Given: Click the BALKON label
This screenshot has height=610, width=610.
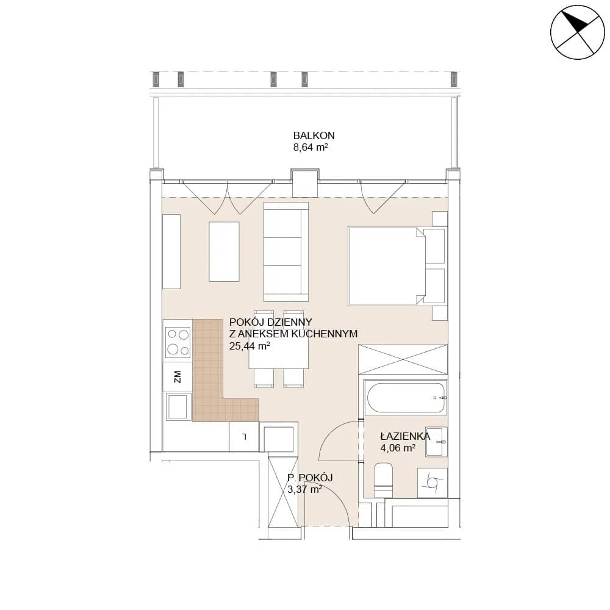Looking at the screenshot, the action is (x=314, y=135).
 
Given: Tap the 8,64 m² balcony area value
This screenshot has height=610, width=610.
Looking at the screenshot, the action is (x=310, y=148).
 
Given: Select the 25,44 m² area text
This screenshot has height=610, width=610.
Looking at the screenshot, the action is (x=249, y=346).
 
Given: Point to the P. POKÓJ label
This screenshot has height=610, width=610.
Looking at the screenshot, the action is (x=310, y=478).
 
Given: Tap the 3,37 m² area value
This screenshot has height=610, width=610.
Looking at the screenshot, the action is (x=304, y=489).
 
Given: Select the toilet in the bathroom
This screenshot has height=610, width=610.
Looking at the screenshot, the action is (x=383, y=480).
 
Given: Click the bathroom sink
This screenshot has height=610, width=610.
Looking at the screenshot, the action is (x=436, y=442).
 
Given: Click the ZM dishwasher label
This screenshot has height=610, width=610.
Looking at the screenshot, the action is (x=178, y=376).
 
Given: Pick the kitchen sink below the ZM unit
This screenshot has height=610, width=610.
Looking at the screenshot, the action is (x=178, y=406).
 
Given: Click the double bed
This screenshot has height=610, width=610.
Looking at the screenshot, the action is (x=397, y=266).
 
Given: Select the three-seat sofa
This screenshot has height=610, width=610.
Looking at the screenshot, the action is (x=286, y=252).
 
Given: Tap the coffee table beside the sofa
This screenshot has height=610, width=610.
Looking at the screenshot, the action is (x=224, y=252).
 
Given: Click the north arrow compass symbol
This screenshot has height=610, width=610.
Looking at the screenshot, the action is (x=578, y=32).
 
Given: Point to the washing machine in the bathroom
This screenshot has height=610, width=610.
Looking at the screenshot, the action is (x=432, y=483).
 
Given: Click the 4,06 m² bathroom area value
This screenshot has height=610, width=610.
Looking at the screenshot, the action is (x=398, y=448).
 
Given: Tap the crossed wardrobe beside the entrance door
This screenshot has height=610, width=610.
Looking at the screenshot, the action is (x=283, y=492).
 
